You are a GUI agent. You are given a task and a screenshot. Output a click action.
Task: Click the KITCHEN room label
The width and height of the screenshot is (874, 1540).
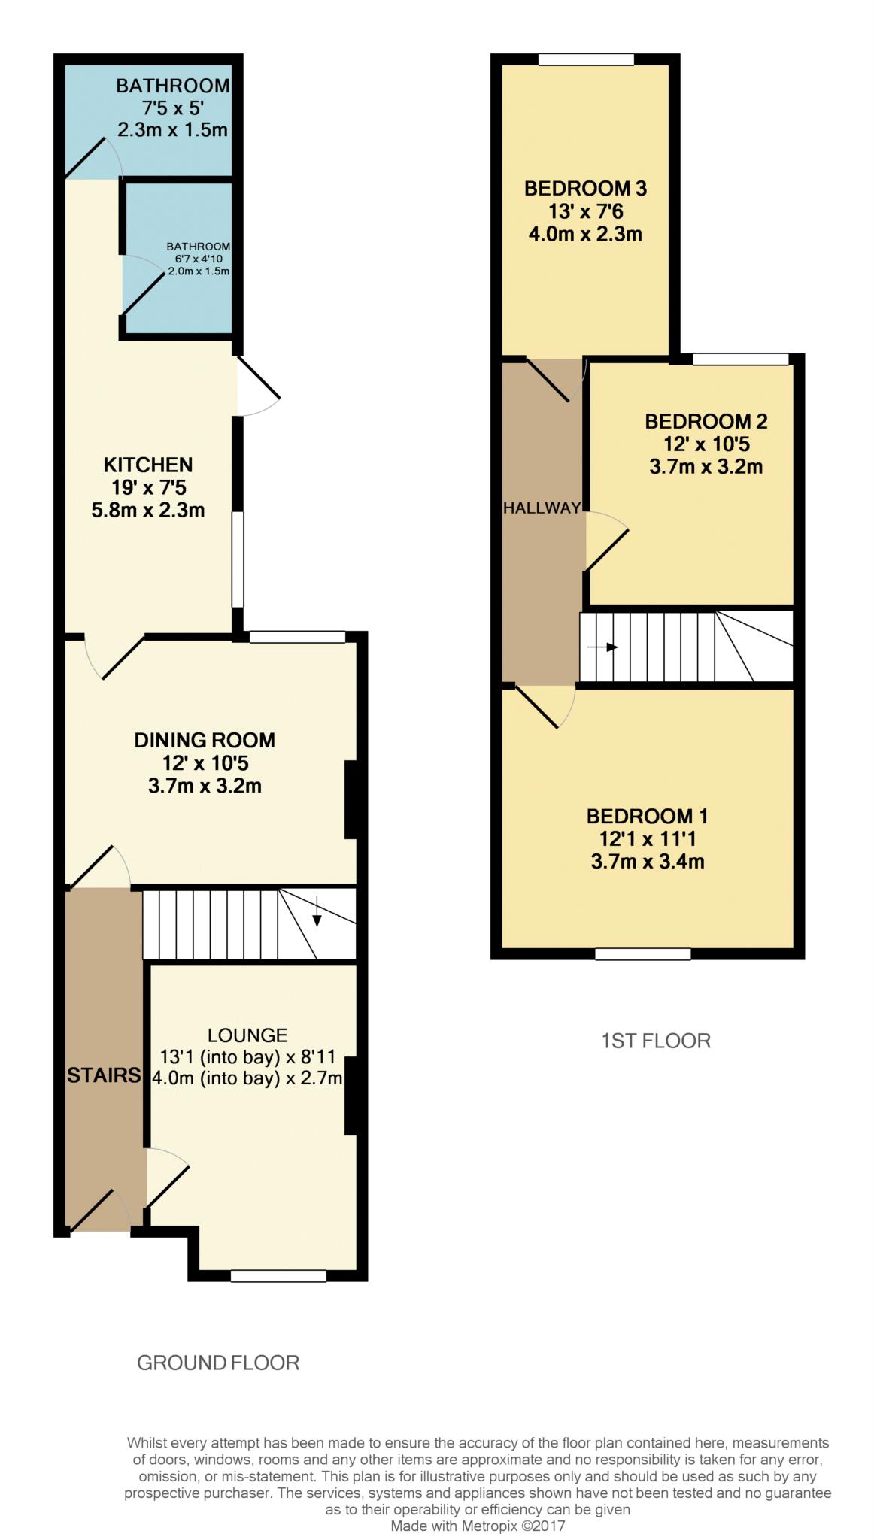point(148,465)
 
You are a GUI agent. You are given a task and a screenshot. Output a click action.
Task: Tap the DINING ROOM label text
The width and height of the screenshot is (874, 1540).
point(205,741)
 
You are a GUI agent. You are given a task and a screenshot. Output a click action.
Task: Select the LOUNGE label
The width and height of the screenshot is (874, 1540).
point(247,1035)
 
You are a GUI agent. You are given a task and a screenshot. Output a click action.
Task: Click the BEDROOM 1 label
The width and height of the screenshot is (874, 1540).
point(648,816)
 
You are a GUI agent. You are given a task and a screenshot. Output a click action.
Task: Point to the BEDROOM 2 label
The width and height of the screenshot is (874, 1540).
point(706,421)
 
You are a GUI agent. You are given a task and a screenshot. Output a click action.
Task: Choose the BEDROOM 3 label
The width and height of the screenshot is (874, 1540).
point(586,188)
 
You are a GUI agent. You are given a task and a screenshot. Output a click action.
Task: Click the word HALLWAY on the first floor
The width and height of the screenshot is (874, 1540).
point(542,508)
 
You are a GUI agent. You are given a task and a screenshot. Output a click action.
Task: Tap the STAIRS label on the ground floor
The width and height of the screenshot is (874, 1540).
point(104,1075)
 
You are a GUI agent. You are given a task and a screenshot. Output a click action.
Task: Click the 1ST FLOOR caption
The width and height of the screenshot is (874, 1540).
point(656,1041)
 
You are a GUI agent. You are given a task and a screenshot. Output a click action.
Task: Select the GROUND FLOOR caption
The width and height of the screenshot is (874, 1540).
point(218,1363)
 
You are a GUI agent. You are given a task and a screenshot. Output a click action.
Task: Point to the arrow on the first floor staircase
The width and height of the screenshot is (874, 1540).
point(602,647)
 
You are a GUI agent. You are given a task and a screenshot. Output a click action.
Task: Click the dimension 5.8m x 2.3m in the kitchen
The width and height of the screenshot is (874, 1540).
point(148,511)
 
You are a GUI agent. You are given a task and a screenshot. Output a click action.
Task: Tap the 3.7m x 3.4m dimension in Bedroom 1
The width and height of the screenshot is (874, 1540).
point(648,862)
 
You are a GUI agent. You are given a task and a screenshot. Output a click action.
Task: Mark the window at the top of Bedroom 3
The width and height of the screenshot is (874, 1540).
point(586,59)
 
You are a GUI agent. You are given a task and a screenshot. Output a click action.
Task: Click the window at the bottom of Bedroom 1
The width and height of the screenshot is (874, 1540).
point(643,954)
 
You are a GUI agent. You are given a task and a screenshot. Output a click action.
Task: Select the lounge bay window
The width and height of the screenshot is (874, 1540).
point(278,1275)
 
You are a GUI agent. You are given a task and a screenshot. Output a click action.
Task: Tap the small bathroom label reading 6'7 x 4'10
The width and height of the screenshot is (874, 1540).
point(199,259)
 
